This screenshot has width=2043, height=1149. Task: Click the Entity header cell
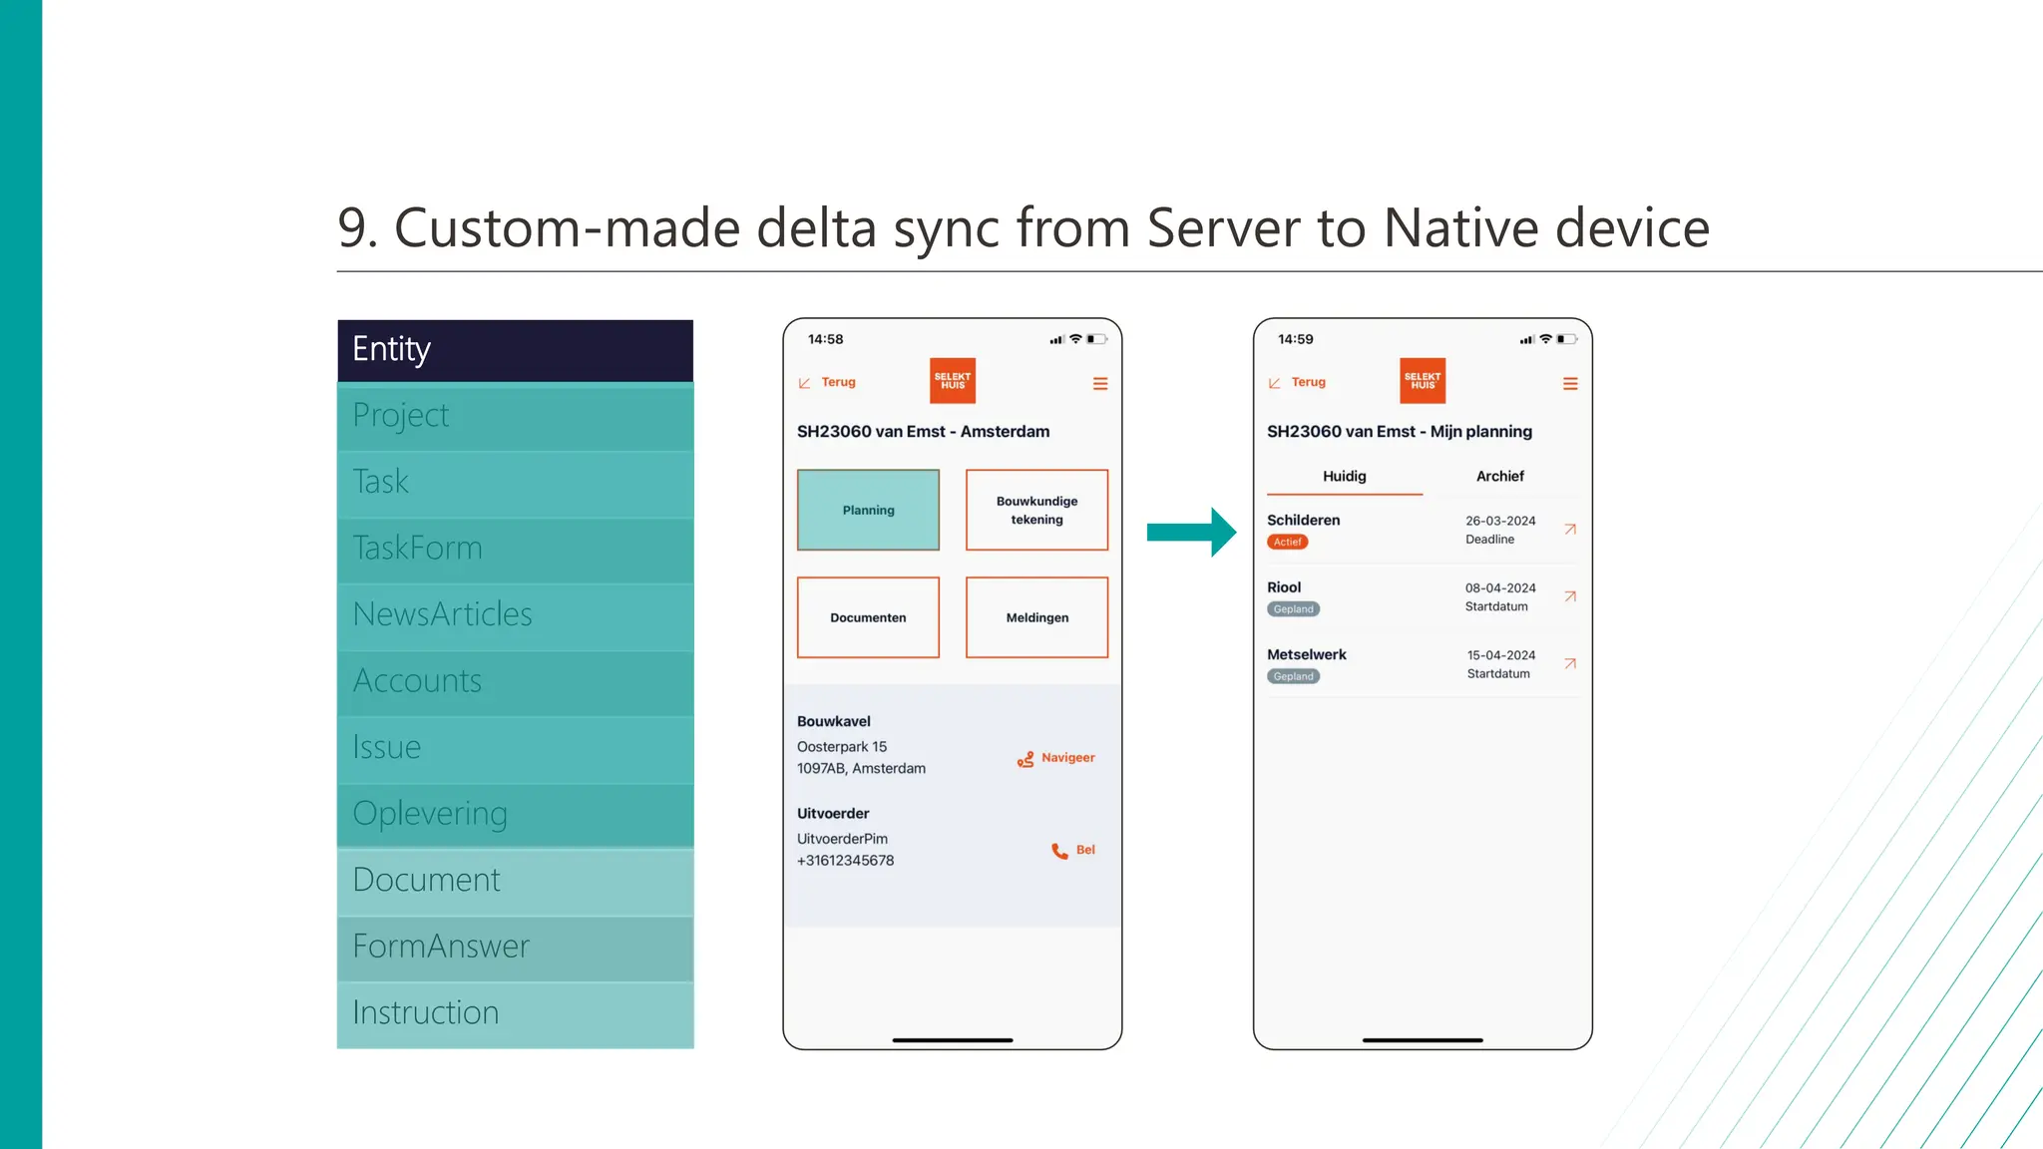click(515, 350)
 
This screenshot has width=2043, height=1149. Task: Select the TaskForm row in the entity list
click(515, 549)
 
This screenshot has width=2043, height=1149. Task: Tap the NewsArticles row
click(515, 614)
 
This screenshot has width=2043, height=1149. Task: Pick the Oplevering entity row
click(515, 814)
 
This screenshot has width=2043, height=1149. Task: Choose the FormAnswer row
click(515, 947)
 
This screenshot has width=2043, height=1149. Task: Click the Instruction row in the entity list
click(515, 1013)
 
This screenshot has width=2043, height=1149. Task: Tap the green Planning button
click(868, 510)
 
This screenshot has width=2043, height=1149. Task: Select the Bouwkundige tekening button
click(1036, 510)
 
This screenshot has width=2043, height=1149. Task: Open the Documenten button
click(868, 617)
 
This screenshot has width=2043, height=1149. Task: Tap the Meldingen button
click(1036, 617)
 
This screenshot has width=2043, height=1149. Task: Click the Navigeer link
click(1056, 759)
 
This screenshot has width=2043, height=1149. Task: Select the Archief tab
click(1499, 477)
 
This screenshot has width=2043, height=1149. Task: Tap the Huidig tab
click(1344, 477)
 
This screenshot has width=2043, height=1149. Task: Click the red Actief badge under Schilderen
click(1287, 543)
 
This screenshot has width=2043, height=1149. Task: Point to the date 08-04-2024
click(1499, 588)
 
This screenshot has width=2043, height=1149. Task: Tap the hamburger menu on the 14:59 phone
click(1569, 384)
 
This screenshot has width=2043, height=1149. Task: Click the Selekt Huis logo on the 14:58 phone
click(952, 381)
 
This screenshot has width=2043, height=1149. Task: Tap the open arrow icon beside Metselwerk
click(1569, 664)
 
